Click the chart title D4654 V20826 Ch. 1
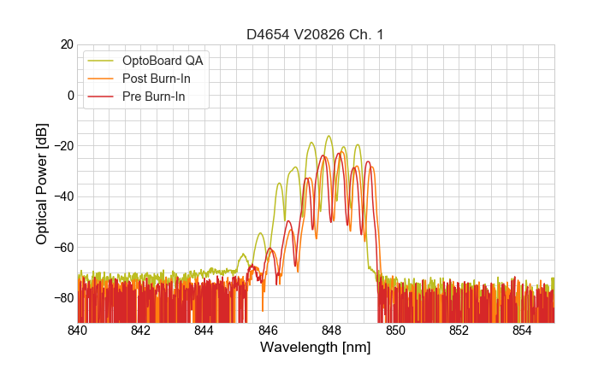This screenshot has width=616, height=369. [316, 34]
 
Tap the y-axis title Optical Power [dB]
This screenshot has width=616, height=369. [42, 184]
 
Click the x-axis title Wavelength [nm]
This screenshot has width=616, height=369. [316, 348]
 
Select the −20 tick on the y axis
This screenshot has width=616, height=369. [62, 146]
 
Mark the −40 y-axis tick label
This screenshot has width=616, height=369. [62, 196]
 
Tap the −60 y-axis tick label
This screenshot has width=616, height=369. [62, 247]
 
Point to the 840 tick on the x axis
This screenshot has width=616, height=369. [78, 330]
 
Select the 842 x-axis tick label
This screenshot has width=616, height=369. [141, 330]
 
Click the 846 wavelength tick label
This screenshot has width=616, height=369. [269, 330]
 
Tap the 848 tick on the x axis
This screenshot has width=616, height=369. [332, 330]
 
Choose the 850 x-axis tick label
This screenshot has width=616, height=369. [395, 330]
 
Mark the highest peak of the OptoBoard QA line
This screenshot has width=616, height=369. [329, 136]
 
